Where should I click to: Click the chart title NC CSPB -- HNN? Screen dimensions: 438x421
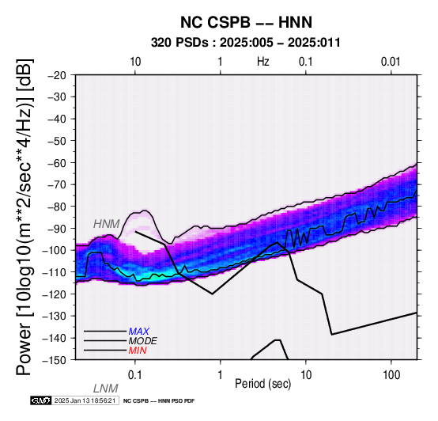pyautogui.click(x=246, y=22)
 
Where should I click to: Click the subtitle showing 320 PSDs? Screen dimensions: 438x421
pyautogui.click(x=246, y=43)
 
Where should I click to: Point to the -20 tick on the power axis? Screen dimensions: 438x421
pyautogui.click(x=57, y=75)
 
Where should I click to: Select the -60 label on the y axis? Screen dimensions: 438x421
pyautogui.click(x=57, y=163)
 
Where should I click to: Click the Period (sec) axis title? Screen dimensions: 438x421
pyautogui.click(x=263, y=384)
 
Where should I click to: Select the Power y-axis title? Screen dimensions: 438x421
pyautogui.click(x=25, y=217)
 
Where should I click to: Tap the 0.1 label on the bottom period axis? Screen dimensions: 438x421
pyautogui.click(x=134, y=375)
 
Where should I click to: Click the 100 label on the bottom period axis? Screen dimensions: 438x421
pyautogui.click(x=391, y=375)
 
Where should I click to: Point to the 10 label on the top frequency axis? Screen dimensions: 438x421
pyautogui.click(x=135, y=62)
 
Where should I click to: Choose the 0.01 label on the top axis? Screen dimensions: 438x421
pyautogui.click(x=391, y=62)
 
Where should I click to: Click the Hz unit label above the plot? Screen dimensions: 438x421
pyautogui.click(x=263, y=62)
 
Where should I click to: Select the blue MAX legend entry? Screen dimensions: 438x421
pyautogui.click(x=139, y=332)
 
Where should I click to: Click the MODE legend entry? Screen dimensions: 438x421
pyautogui.click(x=143, y=341)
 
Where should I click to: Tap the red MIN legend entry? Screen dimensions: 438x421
pyautogui.click(x=138, y=351)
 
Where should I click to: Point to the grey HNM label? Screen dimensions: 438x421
pyautogui.click(x=107, y=224)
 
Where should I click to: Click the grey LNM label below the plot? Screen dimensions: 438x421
pyautogui.click(x=106, y=389)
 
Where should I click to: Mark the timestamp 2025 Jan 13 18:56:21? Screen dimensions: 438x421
pyautogui.click(x=85, y=401)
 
